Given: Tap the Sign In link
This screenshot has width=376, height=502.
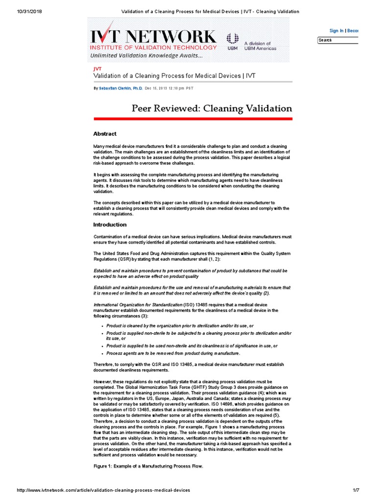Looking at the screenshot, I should point(336,30).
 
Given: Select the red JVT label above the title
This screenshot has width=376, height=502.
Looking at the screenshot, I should point(97,69).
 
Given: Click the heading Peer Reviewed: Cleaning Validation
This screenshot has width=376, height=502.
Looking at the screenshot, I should point(211,108).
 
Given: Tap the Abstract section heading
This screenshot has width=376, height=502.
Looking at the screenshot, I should point(105,134).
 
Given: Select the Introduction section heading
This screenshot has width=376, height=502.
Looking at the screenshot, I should point(110,225).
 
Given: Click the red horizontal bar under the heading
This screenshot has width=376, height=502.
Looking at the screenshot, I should point(193,119).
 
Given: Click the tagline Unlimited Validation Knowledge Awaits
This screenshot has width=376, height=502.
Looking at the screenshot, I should point(146,55).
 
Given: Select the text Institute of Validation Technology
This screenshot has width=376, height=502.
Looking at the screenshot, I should point(153,48).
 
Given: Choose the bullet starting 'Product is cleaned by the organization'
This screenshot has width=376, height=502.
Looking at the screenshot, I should point(180,326).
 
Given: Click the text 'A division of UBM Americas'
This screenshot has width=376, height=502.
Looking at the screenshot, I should point(260,46).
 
